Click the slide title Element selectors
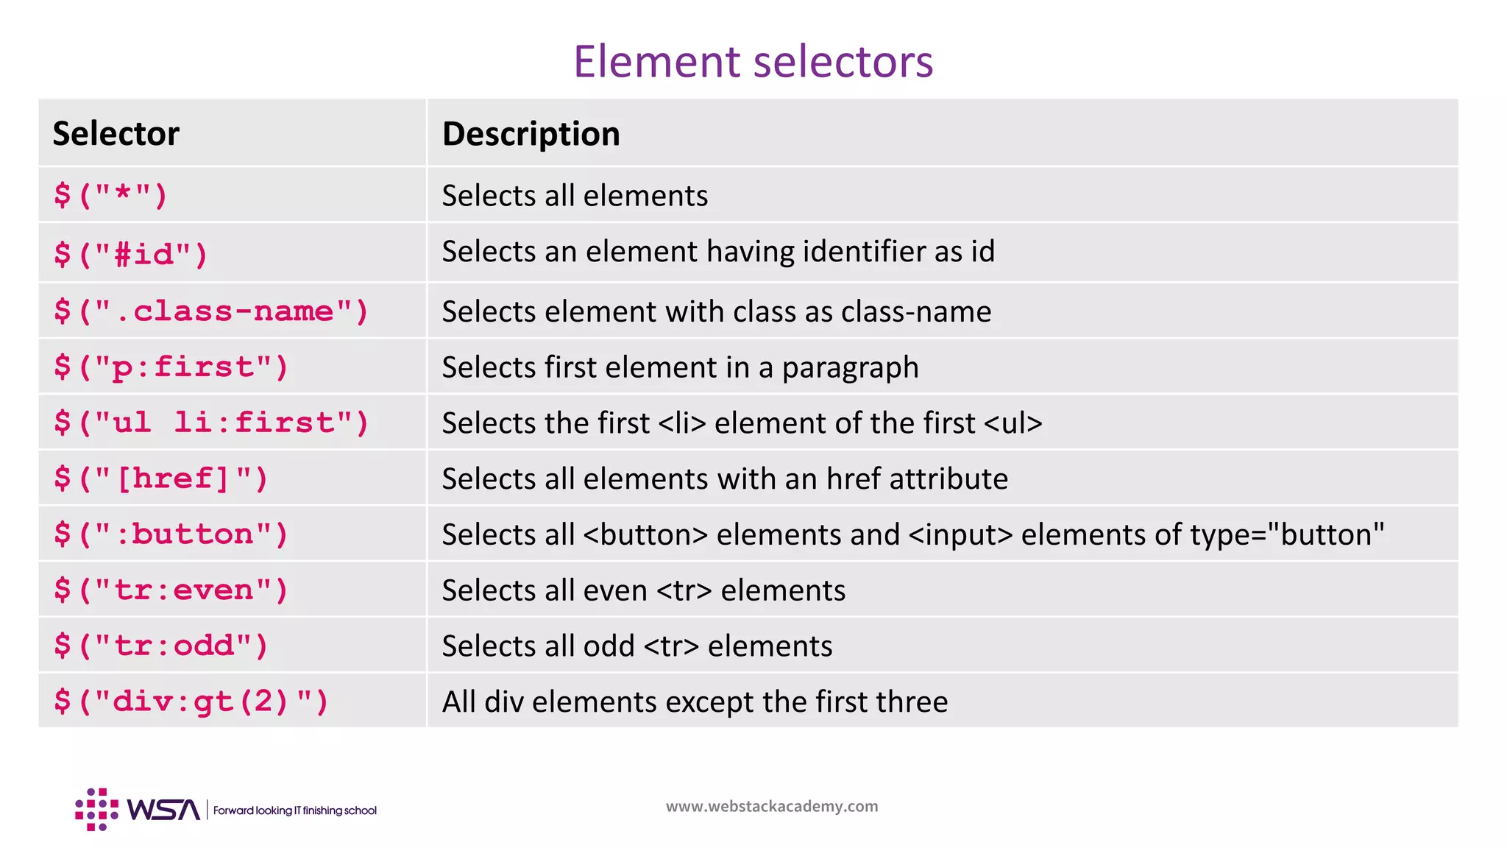(x=753, y=61)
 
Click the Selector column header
(x=116, y=134)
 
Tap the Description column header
(x=531, y=134)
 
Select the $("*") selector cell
(x=110, y=196)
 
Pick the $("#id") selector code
(x=131, y=255)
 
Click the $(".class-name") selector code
(x=210, y=311)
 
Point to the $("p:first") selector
(x=171, y=367)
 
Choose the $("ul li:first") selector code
(x=210, y=423)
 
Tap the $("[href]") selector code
(x=160, y=479)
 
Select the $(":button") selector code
(x=171, y=534)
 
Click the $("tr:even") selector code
(x=171, y=590)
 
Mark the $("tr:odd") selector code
(x=160, y=646)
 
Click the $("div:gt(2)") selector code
(x=191, y=702)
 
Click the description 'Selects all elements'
(x=575, y=196)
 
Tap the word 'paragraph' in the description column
(x=850, y=367)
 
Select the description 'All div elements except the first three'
(x=695, y=702)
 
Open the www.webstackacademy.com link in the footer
(x=772, y=807)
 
